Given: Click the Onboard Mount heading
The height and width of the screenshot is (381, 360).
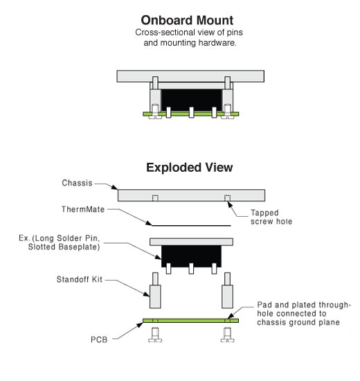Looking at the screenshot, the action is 187,20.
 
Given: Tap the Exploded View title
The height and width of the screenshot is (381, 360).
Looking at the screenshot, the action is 190,168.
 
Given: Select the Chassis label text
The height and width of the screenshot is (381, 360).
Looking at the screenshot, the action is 77,183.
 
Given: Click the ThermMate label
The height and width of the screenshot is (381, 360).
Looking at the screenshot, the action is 83,209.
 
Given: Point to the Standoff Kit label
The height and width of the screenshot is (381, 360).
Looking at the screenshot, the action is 80,279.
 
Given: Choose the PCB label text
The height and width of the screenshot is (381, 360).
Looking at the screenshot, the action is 99,339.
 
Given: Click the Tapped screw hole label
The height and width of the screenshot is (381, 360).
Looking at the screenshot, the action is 271,217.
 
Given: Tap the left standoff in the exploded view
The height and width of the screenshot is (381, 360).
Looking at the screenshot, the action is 155,290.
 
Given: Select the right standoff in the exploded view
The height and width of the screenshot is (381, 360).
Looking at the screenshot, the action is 227,290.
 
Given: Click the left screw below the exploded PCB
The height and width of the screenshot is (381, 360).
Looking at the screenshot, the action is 155,335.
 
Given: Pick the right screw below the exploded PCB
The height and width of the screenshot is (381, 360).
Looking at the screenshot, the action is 227,335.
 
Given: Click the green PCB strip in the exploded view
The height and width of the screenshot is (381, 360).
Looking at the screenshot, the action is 190,321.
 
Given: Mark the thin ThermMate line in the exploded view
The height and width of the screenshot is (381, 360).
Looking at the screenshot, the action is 191,226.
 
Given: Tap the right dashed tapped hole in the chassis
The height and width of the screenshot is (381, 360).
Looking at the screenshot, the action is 227,198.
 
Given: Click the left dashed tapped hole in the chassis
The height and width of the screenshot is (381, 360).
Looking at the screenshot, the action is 155,198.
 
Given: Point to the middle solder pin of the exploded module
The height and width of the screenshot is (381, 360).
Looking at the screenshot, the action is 191,269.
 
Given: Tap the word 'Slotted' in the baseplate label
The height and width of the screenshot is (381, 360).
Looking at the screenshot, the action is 42,247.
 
